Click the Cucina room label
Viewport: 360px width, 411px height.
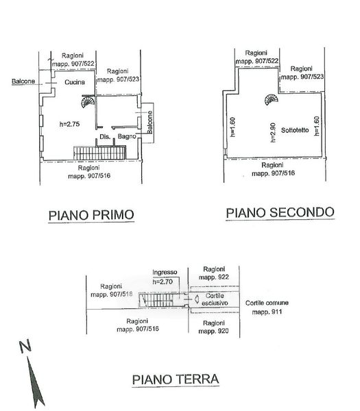pos(75,82)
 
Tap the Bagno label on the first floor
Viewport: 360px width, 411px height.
pos(127,136)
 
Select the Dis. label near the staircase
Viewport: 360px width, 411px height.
pos(105,136)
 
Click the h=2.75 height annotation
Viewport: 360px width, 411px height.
pos(69,124)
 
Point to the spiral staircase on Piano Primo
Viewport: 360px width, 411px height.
pos(87,101)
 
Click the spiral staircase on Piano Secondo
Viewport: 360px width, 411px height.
pos(272,99)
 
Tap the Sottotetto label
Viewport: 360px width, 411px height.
pos(295,130)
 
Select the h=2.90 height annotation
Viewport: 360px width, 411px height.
pos(273,133)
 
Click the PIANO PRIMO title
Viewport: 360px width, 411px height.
pos(91,215)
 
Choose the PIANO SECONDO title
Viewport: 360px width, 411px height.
pos(280,212)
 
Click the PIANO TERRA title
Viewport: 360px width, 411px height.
pos(176,379)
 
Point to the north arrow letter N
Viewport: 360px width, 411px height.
pos(25,347)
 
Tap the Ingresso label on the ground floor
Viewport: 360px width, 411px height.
pos(165,273)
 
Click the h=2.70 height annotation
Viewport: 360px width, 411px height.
pos(163,282)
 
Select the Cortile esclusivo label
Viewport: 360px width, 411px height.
pos(215,299)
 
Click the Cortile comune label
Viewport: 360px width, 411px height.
pos(267,303)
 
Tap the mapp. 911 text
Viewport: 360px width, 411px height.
pos(267,312)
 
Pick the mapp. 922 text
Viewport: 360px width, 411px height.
pos(214,277)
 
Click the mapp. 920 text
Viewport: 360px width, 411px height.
pos(213,331)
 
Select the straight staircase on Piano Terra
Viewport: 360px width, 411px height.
pos(156,300)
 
